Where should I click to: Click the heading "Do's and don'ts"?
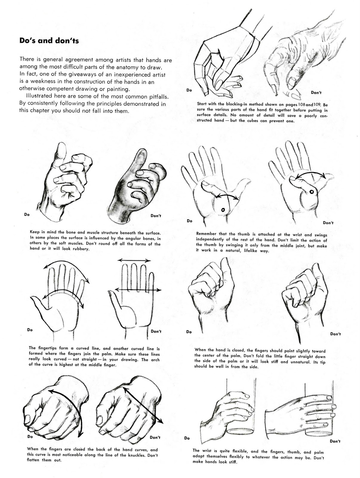(x=49, y=41)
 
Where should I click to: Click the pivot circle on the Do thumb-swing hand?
(x=223, y=210)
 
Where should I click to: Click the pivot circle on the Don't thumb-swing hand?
(x=311, y=191)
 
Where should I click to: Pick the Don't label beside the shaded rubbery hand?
(x=156, y=216)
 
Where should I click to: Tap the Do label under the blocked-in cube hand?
(x=189, y=90)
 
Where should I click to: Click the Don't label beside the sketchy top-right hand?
(x=316, y=93)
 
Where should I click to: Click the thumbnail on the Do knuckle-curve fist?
(x=28, y=418)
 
